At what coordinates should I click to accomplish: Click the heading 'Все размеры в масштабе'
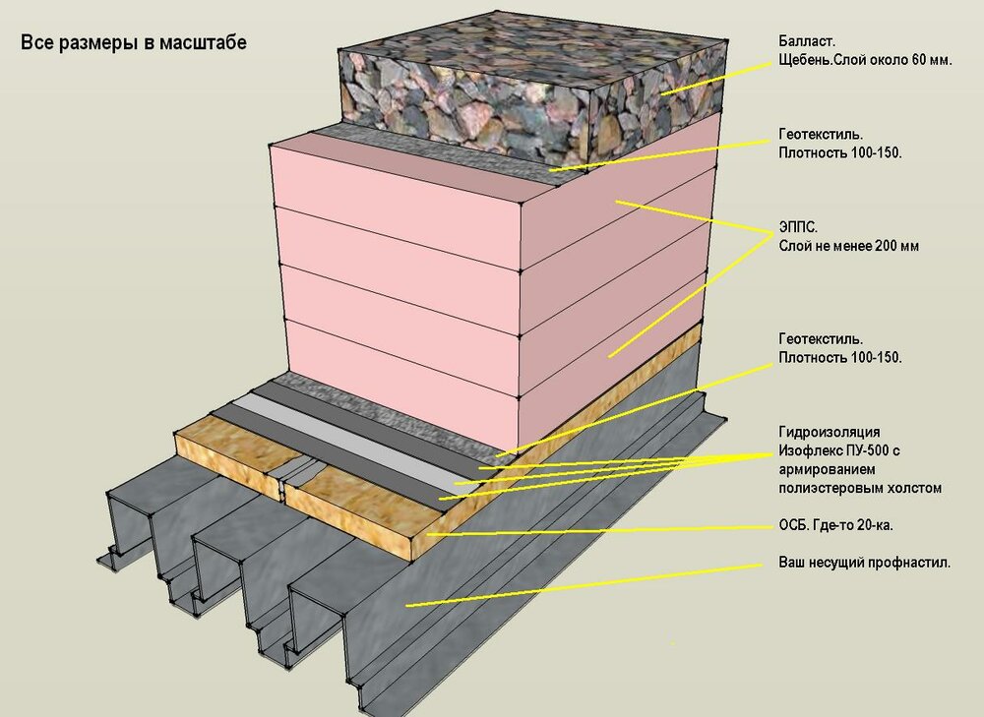tap(134, 42)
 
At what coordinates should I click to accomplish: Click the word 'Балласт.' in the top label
tap(807, 42)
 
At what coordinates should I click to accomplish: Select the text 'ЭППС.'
tap(798, 227)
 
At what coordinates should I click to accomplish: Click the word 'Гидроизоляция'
tap(829, 432)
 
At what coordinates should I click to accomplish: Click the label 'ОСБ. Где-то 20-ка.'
tap(835, 525)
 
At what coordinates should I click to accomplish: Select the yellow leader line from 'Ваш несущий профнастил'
tap(584, 584)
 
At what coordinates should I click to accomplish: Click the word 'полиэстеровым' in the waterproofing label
tap(834, 488)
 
